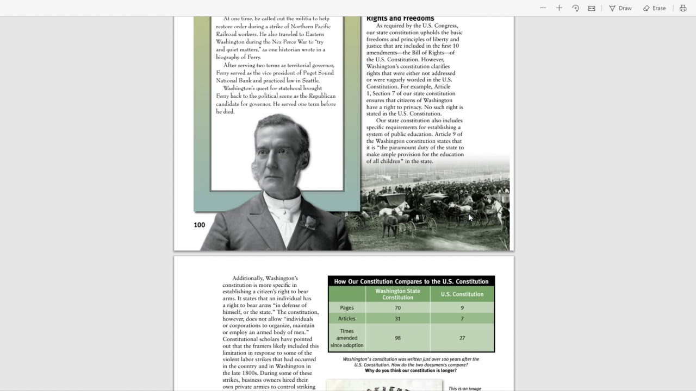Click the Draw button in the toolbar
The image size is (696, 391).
click(620, 8)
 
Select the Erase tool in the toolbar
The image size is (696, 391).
click(654, 8)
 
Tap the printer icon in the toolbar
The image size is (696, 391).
click(683, 8)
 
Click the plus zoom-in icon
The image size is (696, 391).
click(559, 8)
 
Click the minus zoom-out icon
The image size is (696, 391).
click(543, 8)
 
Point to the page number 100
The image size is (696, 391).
click(200, 225)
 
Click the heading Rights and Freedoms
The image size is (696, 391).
click(400, 18)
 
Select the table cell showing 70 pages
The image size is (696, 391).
click(397, 308)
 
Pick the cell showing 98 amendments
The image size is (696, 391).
click(397, 338)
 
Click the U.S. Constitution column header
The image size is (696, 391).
click(462, 294)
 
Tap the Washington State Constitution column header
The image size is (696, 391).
click(397, 294)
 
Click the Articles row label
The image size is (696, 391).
click(347, 319)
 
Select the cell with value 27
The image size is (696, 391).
click(462, 338)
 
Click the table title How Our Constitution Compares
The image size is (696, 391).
click(411, 281)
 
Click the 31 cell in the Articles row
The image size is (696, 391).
click(397, 319)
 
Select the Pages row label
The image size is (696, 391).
click(347, 308)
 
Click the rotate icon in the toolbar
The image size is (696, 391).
click(575, 8)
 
